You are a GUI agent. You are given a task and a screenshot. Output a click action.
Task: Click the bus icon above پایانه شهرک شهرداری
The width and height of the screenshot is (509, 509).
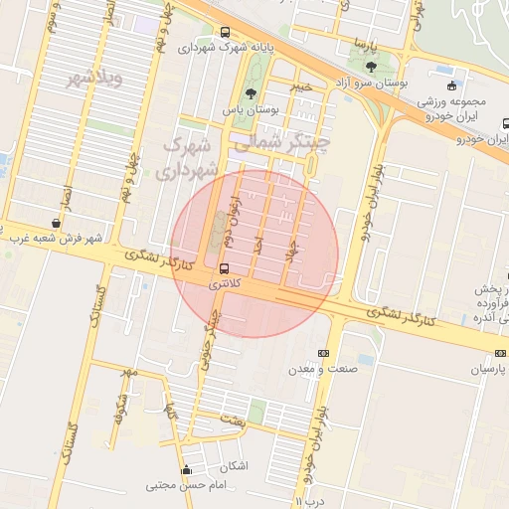[x=226, y=33]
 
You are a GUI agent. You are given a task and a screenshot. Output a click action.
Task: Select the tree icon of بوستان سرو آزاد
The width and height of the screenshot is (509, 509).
[x=372, y=68]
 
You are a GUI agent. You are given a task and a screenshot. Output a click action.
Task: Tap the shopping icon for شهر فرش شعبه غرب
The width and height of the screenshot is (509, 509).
[x=55, y=223]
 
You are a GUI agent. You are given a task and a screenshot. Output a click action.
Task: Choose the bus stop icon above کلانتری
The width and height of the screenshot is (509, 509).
[x=223, y=268]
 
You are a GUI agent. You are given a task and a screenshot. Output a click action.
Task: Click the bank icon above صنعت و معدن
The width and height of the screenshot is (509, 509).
[x=322, y=353]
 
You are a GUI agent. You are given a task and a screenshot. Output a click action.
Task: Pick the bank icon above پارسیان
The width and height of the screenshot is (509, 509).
[x=499, y=354]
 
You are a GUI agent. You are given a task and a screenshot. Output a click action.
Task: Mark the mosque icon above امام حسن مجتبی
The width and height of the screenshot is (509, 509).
[x=186, y=470]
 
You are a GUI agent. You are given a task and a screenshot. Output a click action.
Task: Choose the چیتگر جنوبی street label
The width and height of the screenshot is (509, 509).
[x=211, y=338]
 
